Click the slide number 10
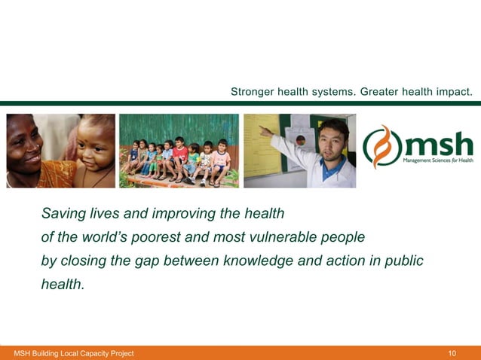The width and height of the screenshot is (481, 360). click(x=452, y=353)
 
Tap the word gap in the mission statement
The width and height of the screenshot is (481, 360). click(x=156, y=261)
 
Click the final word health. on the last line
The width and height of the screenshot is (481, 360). click(x=63, y=284)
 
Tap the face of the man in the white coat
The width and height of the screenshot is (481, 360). click(x=333, y=139)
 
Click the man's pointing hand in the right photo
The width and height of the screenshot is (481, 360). click(x=265, y=130)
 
